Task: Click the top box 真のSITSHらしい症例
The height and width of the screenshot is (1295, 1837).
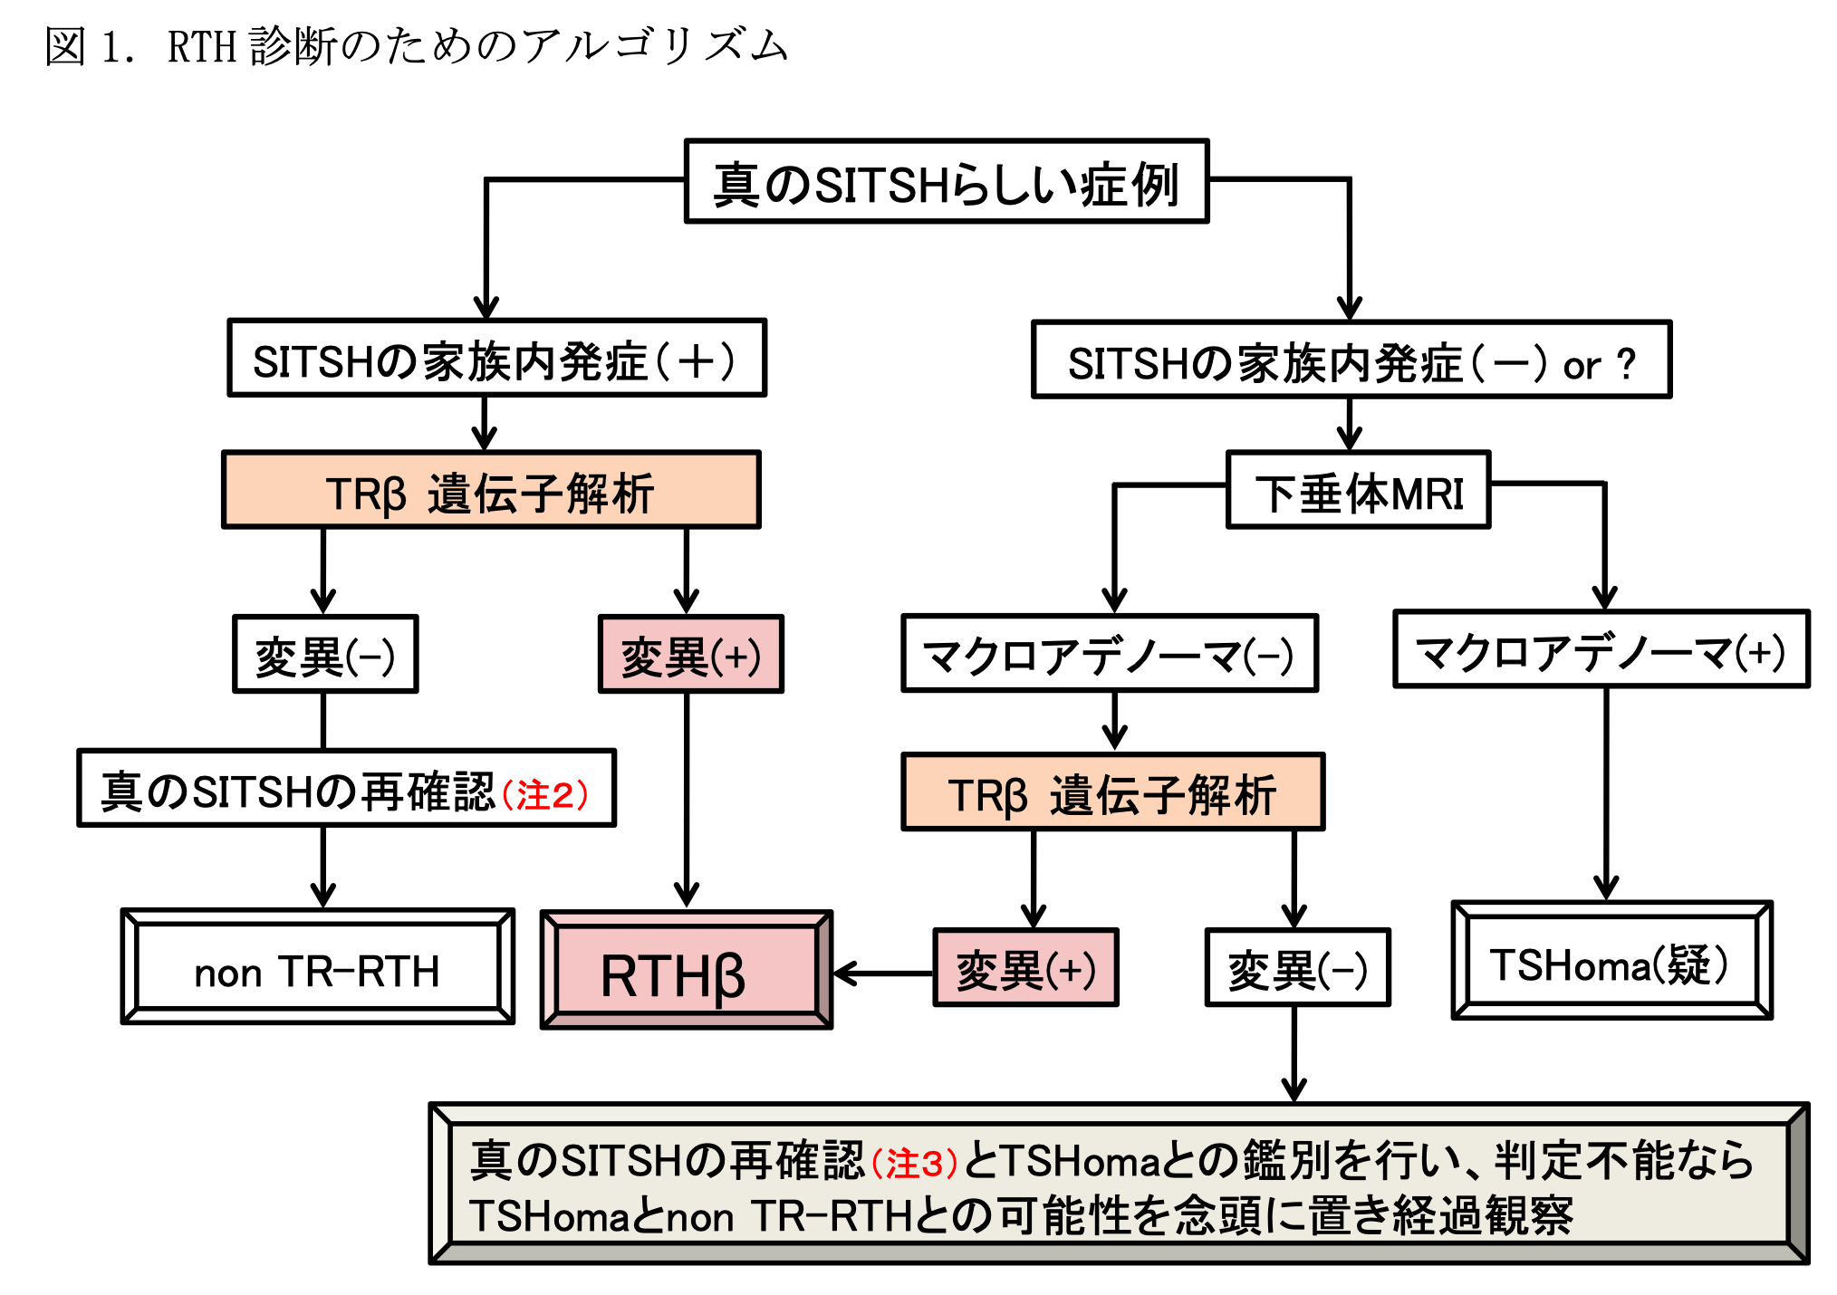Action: tap(947, 182)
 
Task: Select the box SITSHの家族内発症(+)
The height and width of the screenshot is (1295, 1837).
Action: tap(496, 359)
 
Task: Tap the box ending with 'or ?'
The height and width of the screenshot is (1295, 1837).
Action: tap(1351, 360)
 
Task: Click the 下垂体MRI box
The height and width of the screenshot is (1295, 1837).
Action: tap(1358, 491)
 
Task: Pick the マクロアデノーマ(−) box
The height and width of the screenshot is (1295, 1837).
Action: tap(1109, 654)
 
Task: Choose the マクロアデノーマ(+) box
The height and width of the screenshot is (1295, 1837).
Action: tap(1601, 650)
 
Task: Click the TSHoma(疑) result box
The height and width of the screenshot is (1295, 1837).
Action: tap(1611, 962)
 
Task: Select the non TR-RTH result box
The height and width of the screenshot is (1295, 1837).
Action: tap(318, 968)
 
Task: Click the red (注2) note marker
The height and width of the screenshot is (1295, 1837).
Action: tap(545, 794)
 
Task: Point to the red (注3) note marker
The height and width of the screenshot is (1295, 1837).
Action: tap(915, 1163)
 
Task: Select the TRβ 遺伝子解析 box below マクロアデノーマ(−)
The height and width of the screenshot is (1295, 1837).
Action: tap(1112, 792)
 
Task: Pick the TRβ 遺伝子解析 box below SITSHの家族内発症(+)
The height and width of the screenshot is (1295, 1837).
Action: tap(491, 491)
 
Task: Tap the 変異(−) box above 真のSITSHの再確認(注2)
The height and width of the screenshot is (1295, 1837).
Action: tap(325, 655)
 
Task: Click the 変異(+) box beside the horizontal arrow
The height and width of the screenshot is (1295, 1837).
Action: tap(1025, 968)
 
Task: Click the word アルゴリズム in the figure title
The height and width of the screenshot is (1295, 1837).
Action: tap(654, 45)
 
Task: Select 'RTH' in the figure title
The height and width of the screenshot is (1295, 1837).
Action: tap(201, 46)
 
